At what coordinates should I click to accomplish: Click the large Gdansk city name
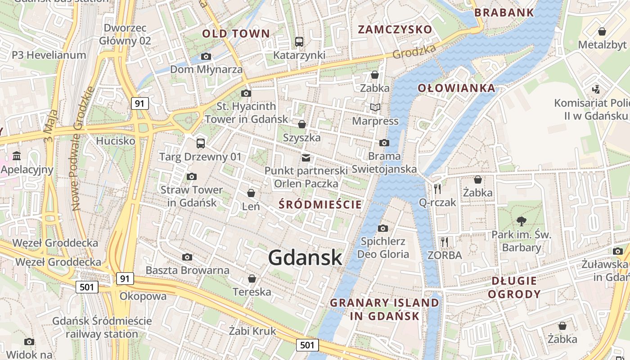(305, 258)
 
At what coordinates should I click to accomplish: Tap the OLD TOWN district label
(236, 33)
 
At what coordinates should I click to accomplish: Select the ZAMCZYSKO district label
(395, 30)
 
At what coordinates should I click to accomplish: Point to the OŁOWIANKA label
(456, 88)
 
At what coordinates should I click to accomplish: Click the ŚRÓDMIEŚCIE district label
(320, 205)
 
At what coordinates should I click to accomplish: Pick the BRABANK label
(504, 12)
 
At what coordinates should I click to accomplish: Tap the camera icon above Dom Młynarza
(206, 56)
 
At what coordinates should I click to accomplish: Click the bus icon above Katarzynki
(299, 42)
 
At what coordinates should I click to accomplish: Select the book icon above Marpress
(375, 108)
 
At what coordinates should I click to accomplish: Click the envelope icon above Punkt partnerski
(306, 157)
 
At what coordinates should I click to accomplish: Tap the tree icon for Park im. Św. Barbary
(522, 221)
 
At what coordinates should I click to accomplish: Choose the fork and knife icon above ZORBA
(445, 242)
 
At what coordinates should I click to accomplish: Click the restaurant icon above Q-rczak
(437, 189)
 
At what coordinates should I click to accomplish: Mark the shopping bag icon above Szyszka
(302, 124)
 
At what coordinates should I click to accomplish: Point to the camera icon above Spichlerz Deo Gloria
(383, 228)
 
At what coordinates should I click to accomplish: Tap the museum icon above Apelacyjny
(17, 156)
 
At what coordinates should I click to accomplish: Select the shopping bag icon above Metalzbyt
(602, 31)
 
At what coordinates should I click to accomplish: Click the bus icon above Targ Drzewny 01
(201, 144)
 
